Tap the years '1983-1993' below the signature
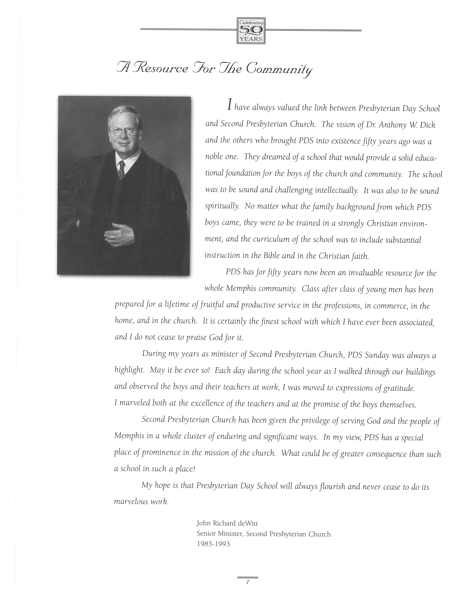(x=213, y=544)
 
